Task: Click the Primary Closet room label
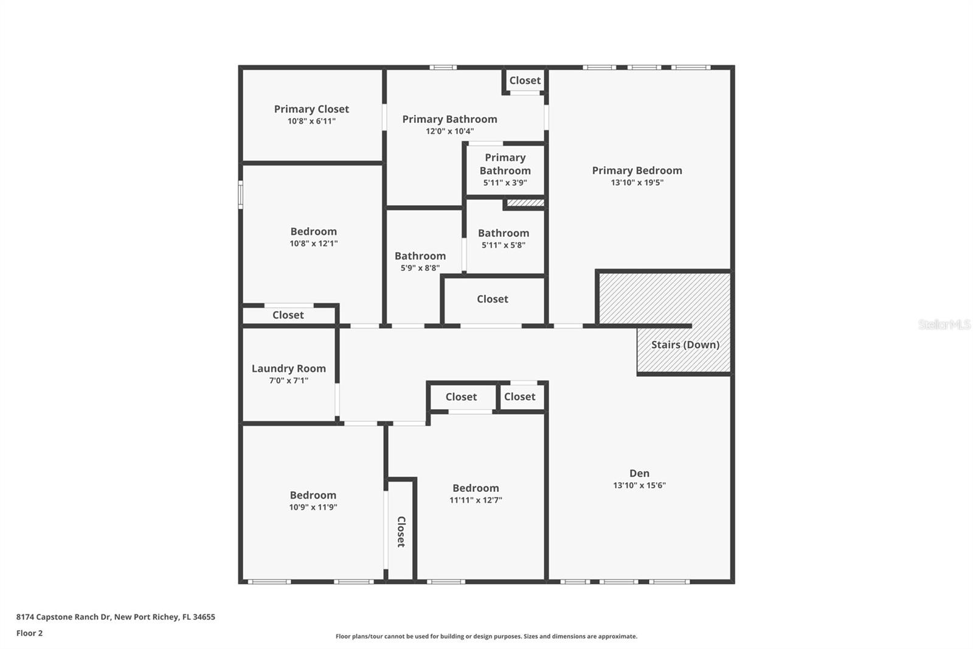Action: tap(311, 109)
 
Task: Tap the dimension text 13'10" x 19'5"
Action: tap(637, 183)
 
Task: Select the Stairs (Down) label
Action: tap(685, 345)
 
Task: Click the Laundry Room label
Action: tap(288, 368)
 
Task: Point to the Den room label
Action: tap(639, 473)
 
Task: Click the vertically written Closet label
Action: tap(401, 531)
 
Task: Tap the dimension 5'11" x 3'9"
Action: tap(505, 183)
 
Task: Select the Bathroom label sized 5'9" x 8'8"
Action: tap(420, 256)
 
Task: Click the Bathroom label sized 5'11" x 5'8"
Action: tap(503, 233)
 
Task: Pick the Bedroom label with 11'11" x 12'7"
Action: tap(476, 488)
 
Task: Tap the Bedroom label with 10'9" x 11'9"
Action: tap(313, 495)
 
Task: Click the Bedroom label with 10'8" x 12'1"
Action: tap(313, 231)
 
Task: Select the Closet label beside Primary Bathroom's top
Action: tap(524, 80)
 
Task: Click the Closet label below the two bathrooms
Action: tap(492, 299)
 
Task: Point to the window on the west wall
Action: tap(241, 195)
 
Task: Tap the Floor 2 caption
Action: tap(29, 633)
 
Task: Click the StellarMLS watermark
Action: tap(944, 324)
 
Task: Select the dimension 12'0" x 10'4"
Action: tap(449, 132)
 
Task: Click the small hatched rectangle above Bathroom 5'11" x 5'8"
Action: tap(525, 203)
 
